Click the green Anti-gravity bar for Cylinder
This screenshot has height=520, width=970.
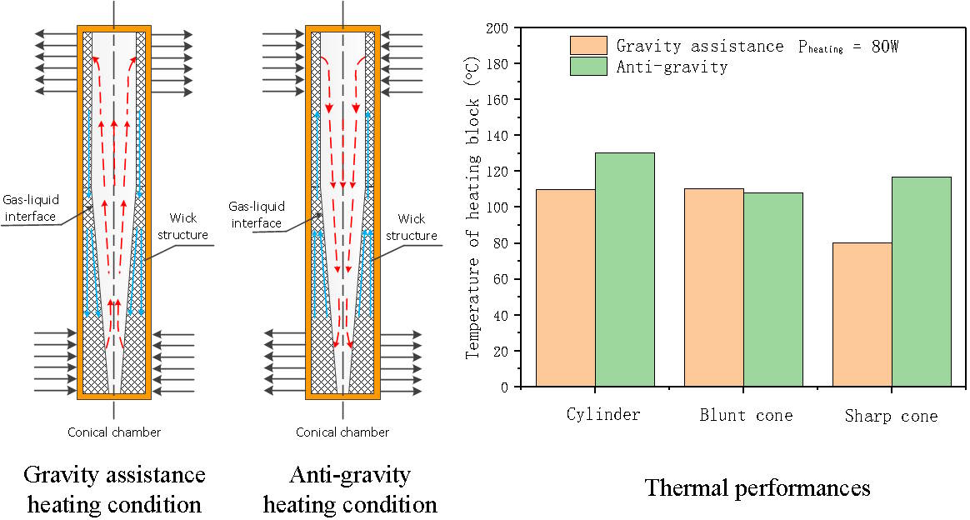[624, 269]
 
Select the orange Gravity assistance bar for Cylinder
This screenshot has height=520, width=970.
[565, 287]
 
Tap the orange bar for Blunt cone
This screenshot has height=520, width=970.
[713, 287]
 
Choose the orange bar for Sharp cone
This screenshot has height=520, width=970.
[862, 314]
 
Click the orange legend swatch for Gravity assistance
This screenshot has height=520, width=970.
[587, 45]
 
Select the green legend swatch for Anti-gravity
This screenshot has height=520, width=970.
[587, 67]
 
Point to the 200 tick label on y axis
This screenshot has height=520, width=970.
[496, 28]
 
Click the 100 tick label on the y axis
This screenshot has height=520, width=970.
[496, 207]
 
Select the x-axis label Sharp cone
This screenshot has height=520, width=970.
[891, 415]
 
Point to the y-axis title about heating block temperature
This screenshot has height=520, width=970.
[473, 207]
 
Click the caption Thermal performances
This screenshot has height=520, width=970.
[757, 488]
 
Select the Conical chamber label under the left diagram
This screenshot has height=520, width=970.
[114, 432]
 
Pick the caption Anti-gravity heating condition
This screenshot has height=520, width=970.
[349, 489]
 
